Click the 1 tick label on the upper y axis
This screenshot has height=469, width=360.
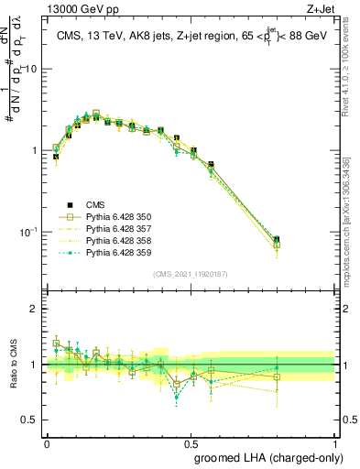click(35, 150)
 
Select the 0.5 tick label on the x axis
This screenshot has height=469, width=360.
click(191, 441)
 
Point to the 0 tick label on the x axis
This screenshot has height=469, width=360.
click(47, 441)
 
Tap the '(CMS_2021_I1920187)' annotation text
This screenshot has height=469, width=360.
click(190, 274)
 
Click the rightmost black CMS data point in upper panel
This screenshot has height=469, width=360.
click(302, 240)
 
